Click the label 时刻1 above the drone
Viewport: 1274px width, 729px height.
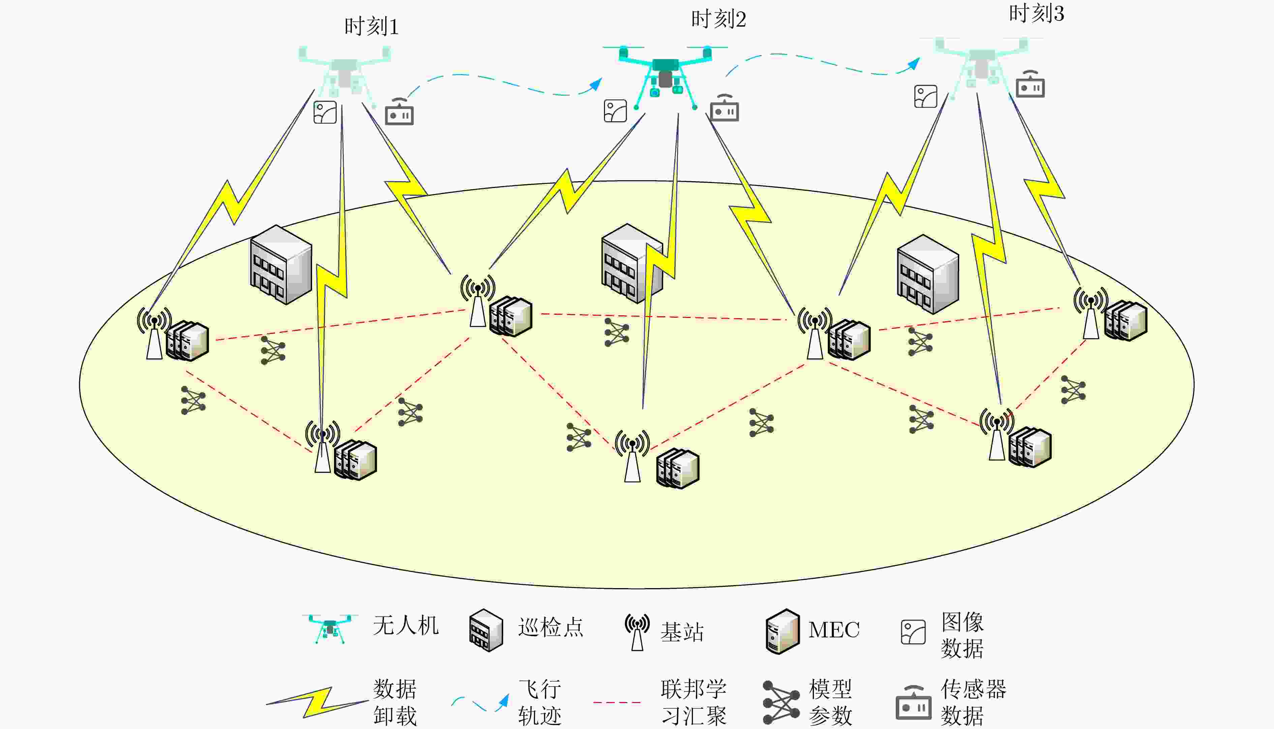coord(371,27)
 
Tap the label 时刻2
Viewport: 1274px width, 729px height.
coord(718,20)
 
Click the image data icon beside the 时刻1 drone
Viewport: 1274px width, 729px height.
coord(325,112)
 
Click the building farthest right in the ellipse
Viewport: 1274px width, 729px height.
coord(928,274)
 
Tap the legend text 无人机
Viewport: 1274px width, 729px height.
coord(406,625)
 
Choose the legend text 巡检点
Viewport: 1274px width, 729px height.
coord(551,627)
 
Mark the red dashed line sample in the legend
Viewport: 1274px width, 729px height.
coord(617,702)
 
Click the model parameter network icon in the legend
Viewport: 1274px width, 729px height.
coord(781,702)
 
